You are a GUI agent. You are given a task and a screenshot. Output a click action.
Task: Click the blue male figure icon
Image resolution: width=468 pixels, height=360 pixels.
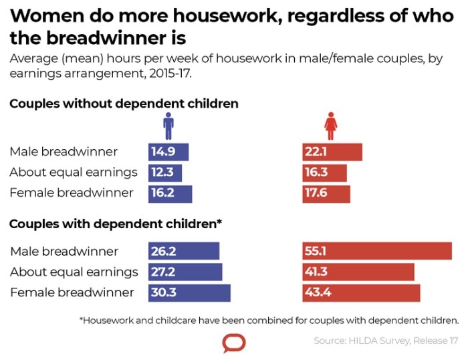point(168,125)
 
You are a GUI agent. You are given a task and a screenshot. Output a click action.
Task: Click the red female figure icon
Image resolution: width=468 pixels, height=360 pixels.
point(330,125)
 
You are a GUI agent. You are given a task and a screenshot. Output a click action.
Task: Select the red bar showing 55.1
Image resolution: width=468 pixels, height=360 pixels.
point(377,251)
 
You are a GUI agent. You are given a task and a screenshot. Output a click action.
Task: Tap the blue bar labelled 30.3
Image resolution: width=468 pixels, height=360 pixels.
point(189,293)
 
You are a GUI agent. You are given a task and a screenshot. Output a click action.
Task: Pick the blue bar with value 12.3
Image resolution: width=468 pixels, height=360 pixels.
point(165,173)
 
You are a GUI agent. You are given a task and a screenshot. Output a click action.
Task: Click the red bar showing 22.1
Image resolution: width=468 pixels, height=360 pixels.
point(332,152)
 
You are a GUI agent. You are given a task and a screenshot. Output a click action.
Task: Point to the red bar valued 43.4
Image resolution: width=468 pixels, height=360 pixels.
point(361,293)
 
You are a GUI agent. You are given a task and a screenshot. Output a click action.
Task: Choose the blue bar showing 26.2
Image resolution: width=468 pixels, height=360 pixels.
point(184,251)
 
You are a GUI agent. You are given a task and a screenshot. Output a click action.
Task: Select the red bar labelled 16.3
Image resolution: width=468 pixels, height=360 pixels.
point(325,173)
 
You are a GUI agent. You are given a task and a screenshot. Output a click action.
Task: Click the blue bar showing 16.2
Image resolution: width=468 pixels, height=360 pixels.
point(170,193)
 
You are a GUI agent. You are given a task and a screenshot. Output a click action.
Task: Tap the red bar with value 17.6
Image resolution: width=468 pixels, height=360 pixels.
point(326,193)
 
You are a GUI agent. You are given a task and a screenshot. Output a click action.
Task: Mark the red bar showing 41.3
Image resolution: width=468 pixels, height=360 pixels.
point(358,272)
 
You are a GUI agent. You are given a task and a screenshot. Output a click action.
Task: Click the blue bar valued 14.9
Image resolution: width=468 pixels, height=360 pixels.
point(168,152)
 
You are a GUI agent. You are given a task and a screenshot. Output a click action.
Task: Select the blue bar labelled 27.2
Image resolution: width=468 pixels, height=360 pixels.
point(185,272)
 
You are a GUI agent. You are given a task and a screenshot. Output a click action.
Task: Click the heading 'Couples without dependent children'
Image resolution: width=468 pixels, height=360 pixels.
point(124,104)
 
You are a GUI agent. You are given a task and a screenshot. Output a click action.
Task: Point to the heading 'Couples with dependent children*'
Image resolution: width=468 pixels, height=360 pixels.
point(115,224)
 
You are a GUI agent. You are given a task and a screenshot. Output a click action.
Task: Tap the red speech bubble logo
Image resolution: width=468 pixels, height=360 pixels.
point(234,343)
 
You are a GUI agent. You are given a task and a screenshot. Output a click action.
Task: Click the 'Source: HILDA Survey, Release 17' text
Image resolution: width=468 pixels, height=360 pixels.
point(386,341)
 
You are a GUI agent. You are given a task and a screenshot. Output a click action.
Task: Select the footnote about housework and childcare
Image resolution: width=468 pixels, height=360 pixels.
point(269,320)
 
